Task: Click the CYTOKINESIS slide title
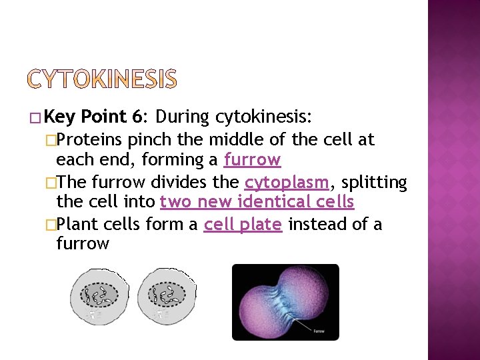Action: tap(103, 79)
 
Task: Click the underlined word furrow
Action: tap(252, 160)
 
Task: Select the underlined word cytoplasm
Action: tap(287, 182)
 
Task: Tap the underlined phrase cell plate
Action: tap(243, 224)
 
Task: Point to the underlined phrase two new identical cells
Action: tap(257, 202)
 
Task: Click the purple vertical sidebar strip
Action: tap(453, 180)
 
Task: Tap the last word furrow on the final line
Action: tap(82, 243)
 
